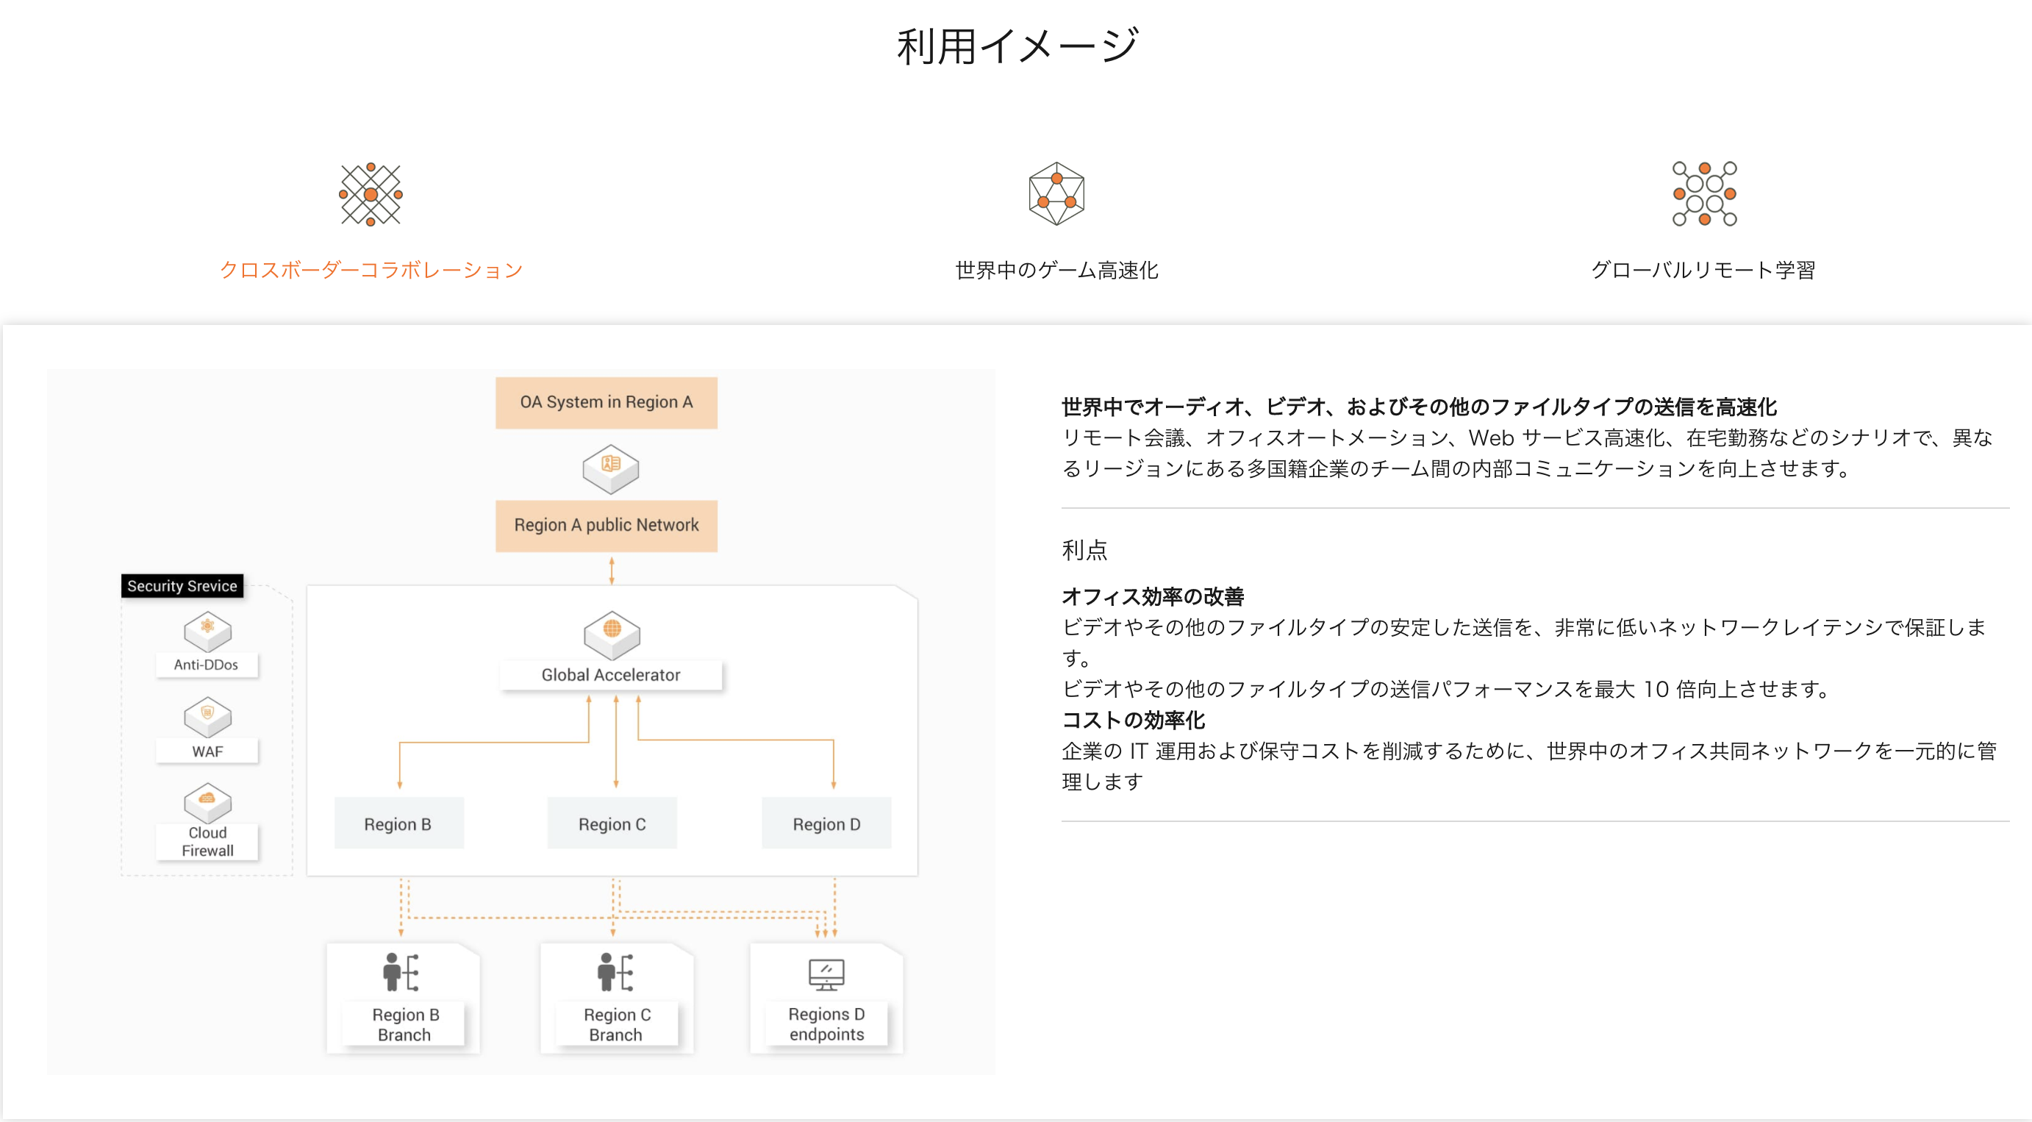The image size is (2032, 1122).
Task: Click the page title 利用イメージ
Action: [1016, 46]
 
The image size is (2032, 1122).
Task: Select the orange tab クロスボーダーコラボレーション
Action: [371, 270]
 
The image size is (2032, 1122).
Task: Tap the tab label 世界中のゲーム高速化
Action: [1056, 270]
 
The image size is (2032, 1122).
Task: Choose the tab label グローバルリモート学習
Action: [1703, 270]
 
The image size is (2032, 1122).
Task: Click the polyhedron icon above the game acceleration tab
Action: [1056, 194]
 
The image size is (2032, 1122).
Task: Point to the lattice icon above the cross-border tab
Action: [371, 194]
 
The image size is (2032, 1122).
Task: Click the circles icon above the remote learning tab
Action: [1704, 194]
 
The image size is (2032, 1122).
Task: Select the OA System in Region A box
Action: [606, 402]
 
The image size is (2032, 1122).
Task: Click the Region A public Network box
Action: [606, 526]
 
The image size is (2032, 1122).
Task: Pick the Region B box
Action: [398, 823]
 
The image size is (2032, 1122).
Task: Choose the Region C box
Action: [612, 823]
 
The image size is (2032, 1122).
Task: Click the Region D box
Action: [826, 823]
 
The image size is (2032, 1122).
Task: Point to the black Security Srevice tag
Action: [182, 586]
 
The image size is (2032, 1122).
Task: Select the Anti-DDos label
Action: [207, 665]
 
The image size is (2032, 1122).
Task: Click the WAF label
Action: [207, 751]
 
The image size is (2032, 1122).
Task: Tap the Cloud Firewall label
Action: [207, 842]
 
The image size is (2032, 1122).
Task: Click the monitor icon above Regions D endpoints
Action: [826, 974]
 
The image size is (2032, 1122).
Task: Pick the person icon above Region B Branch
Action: [401, 972]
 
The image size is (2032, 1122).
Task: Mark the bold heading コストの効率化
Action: [1134, 721]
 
